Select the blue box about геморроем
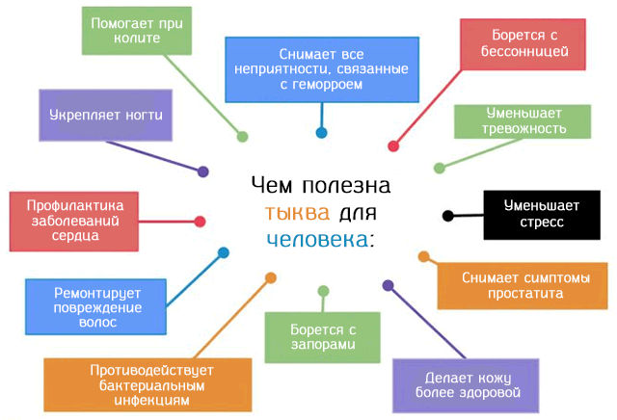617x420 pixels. coord(322,68)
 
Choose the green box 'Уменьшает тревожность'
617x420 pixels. coord(524,121)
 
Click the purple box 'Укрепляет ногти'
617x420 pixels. coord(106,116)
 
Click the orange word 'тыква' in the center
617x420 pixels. coord(297,211)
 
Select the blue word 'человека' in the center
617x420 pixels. coord(317,238)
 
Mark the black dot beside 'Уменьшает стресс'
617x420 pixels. coord(447,215)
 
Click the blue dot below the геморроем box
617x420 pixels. coord(321,133)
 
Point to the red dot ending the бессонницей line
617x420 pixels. coord(393,146)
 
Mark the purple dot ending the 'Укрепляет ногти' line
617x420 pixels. coord(203,171)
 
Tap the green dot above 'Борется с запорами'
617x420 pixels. coord(322,290)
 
